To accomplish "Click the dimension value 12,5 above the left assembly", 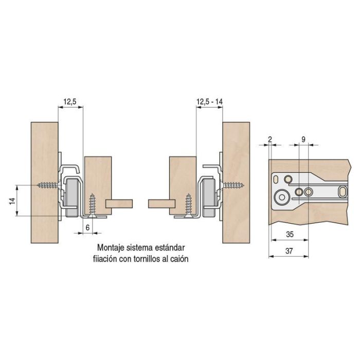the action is tap(70, 102).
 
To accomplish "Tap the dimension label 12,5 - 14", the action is tap(210, 102).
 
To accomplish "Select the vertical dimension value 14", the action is tap(13, 201).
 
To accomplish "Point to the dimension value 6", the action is tap(87, 227).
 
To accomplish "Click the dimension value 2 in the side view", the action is tap(270, 139).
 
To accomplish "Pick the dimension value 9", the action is tap(303, 139).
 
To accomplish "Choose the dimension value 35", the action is tap(290, 234).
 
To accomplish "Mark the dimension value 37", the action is tap(289, 251).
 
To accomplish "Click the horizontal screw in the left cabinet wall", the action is tap(49, 185).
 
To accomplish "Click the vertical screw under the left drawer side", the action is tap(92, 205).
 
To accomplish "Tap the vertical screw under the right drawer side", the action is tap(189, 205).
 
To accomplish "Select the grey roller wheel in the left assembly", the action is tap(72, 198).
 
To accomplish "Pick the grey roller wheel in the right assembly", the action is tap(209, 198).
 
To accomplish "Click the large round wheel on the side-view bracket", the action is tap(282, 197).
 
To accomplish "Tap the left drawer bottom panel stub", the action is tap(119, 204).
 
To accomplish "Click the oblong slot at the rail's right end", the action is tap(343, 192).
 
